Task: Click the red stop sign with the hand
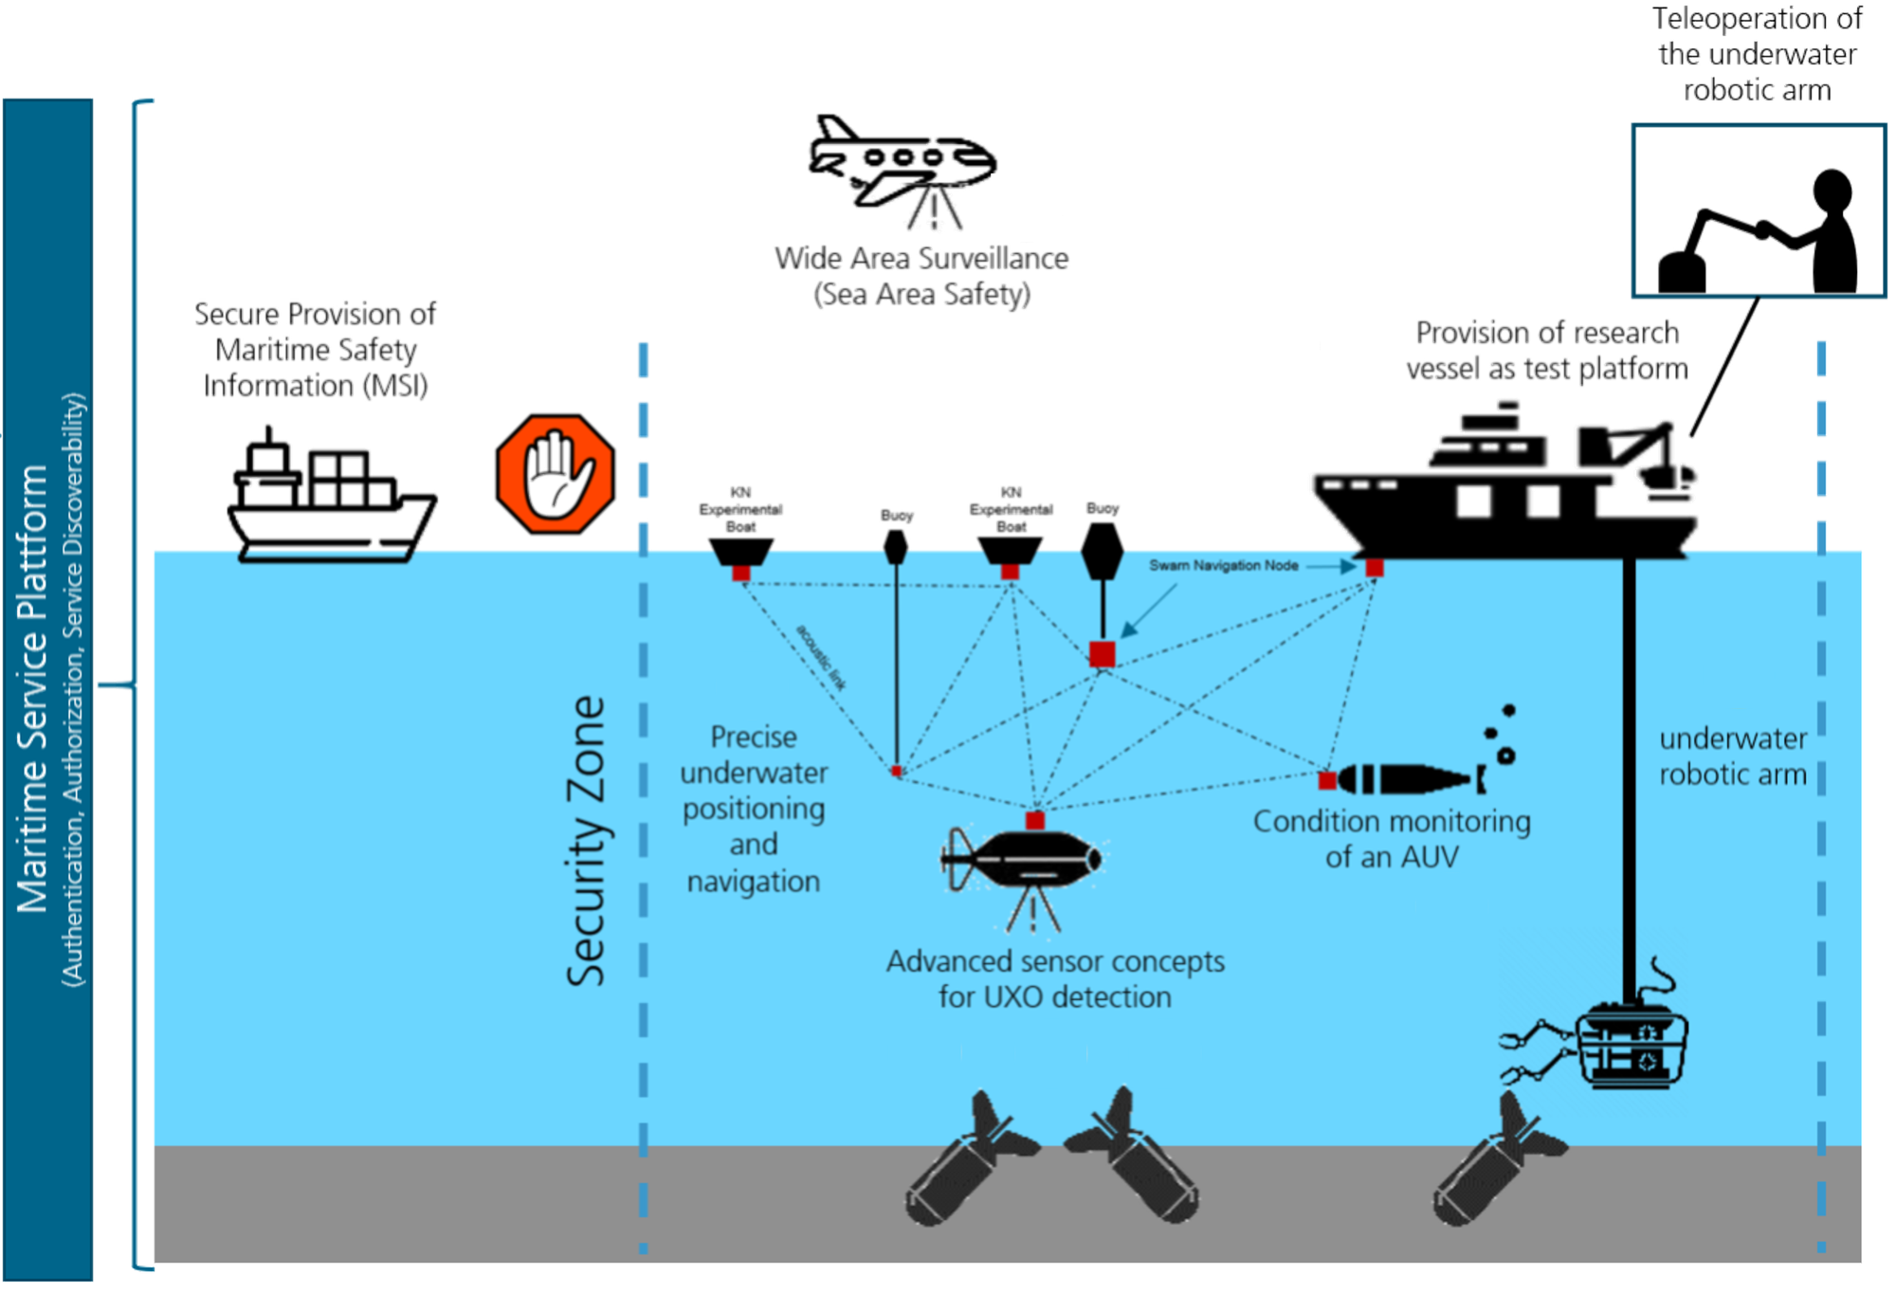(555, 471)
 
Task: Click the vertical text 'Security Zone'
(586, 841)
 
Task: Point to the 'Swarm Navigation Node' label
(1223, 566)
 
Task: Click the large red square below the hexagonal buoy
(1101, 654)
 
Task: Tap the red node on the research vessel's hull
(1374, 568)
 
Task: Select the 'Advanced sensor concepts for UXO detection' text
(1055, 978)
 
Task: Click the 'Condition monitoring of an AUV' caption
(1391, 839)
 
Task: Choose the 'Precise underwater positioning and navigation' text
(754, 809)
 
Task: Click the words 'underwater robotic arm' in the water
(1732, 756)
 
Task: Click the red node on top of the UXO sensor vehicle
(1035, 820)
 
